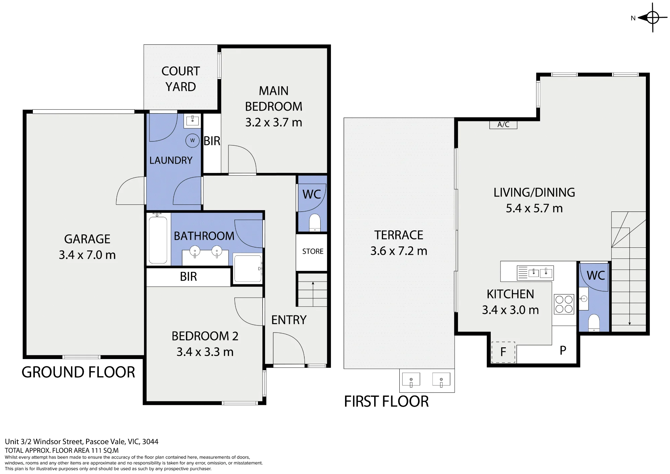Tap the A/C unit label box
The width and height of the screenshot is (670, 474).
click(503, 125)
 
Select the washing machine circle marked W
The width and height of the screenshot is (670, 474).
click(192, 140)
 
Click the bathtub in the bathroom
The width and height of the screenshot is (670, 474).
click(158, 240)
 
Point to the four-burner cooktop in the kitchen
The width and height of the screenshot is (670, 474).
click(564, 304)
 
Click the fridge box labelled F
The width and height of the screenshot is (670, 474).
click(503, 352)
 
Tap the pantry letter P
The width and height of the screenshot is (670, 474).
click(563, 350)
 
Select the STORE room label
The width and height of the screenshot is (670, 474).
click(313, 251)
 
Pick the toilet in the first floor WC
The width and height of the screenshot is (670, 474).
click(594, 322)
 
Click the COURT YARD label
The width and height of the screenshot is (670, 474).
click(181, 79)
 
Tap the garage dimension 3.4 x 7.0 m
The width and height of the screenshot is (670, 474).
click(87, 255)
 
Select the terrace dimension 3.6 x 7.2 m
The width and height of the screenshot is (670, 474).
click(399, 251)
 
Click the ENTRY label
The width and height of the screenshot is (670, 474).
click(289, 320)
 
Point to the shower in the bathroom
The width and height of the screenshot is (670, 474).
click(248, 269)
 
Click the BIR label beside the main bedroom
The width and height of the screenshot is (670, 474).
click(212, 141)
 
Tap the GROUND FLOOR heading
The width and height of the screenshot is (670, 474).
click(78, 372)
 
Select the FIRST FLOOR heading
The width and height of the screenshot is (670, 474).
click(386, 401)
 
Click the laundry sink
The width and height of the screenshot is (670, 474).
click(192, 121)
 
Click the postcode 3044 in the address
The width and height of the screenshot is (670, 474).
click(150, 441)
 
